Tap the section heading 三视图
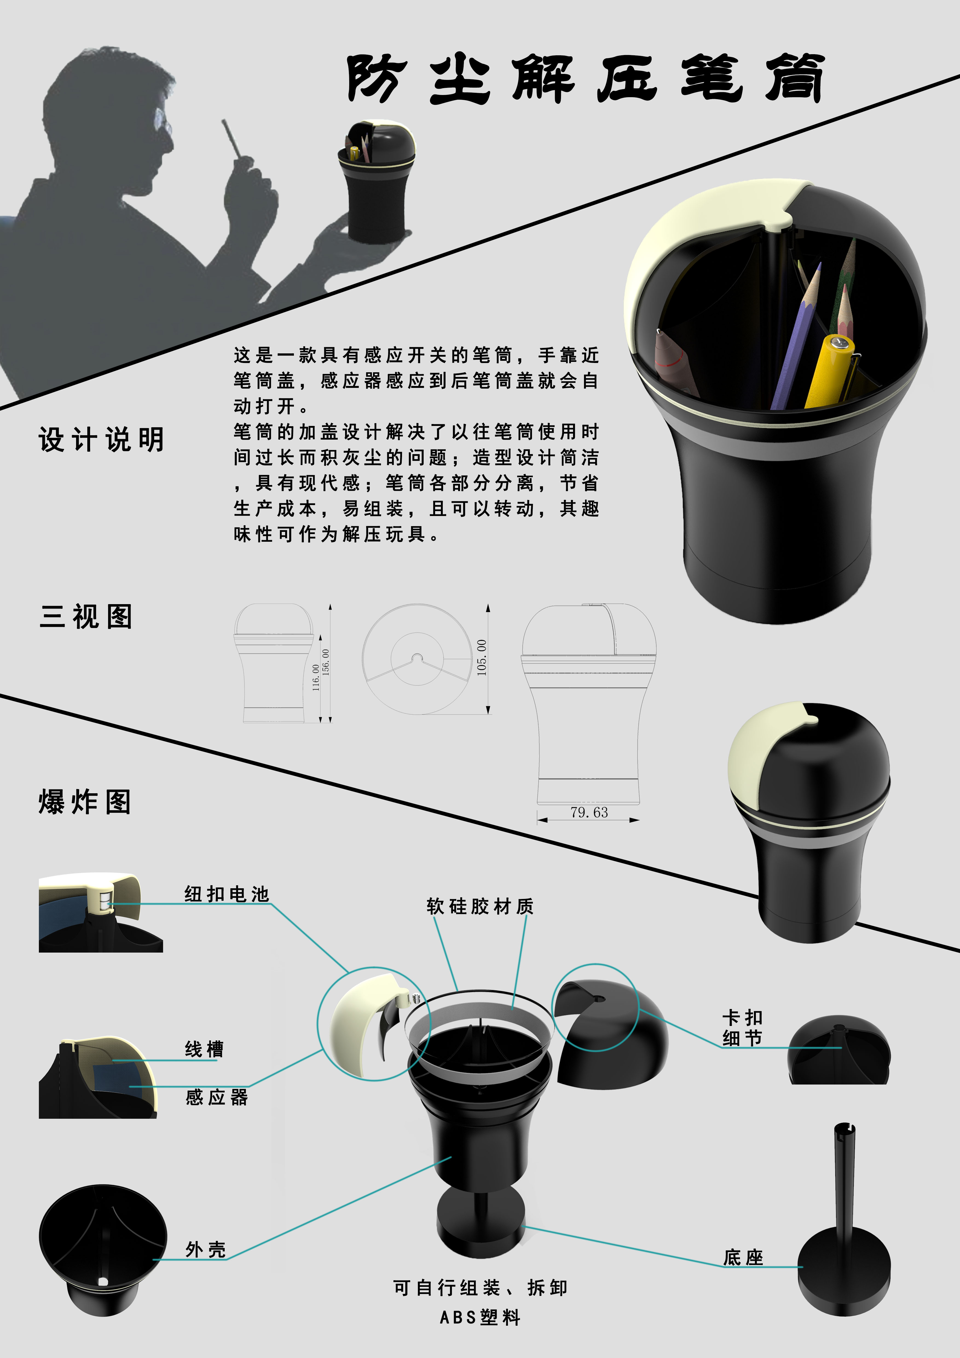click(x=86, y=617)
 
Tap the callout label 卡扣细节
click(x=742, y=1028)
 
